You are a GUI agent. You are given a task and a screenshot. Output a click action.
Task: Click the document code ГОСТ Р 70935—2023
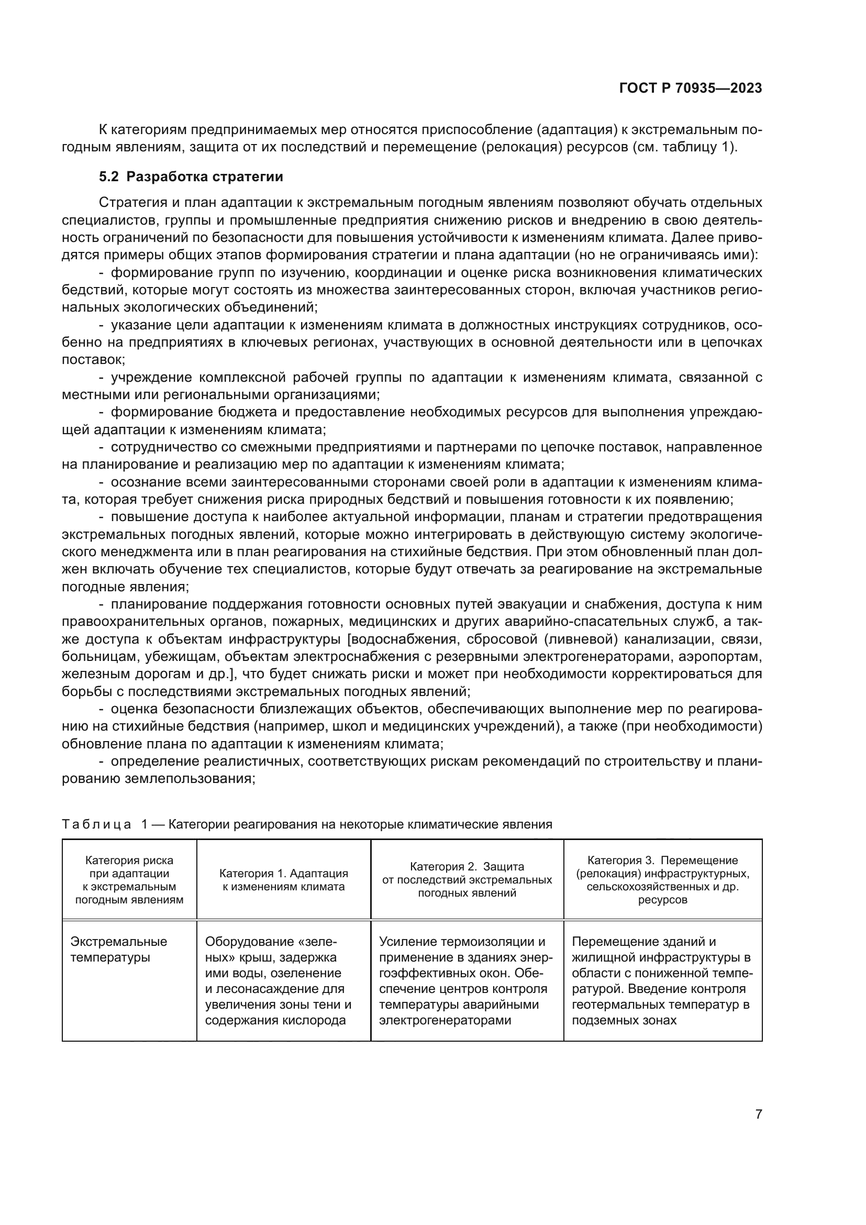pos(690,89)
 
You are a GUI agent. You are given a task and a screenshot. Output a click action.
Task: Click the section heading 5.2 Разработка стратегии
pos(191,177)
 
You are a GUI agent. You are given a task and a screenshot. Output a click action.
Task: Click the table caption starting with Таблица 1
pos(307,824)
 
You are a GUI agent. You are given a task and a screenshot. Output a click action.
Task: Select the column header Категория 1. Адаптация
pos(284,880)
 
